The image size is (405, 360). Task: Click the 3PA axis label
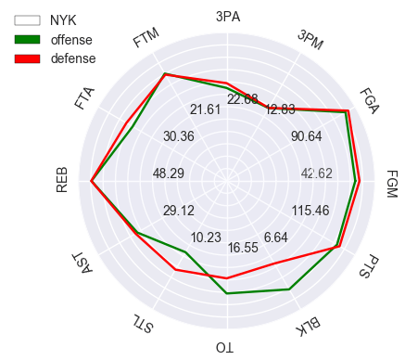click(x=227, y=16)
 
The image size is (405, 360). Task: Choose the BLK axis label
click(x=310, y=325)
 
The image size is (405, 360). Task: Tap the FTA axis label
click(x=85, y=98)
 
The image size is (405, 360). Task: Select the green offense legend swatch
click(x=28, y=39)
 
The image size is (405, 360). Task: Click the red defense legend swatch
click(x=28, y=58)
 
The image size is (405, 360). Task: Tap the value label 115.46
click(x=310, y=211)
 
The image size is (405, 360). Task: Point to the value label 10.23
click(x=205, y=238)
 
